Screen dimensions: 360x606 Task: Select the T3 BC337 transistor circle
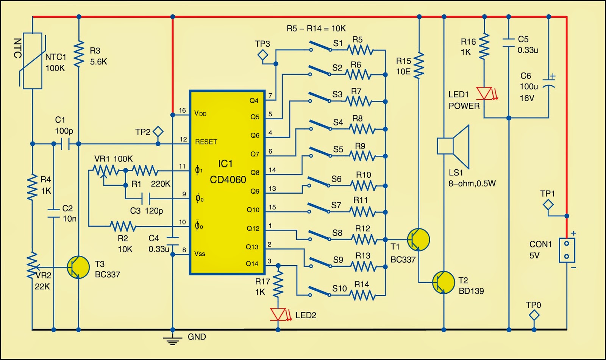click(78, 267)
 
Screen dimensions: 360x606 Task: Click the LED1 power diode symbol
click(484, 93)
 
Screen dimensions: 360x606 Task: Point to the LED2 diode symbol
click(278, 314)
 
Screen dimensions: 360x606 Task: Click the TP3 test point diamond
click(262, 56)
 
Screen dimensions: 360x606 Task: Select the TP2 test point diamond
click(158, 132)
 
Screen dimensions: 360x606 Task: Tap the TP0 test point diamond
click(534, 315)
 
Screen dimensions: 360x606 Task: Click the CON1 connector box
click(567, 250)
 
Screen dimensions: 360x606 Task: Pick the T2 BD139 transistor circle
click(444, 282)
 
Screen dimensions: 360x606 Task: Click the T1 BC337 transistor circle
click(419, 239)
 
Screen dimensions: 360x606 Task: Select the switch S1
click(320, 47)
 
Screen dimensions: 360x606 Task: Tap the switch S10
click(320, 291)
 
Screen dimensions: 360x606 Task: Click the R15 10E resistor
click(419, 66)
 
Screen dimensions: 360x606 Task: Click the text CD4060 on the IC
click(228, 180)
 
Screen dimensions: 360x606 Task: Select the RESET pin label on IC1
click(206, 142)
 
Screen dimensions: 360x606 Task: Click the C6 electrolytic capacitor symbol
click(548, 83)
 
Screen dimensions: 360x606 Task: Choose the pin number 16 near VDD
click(182, 110)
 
